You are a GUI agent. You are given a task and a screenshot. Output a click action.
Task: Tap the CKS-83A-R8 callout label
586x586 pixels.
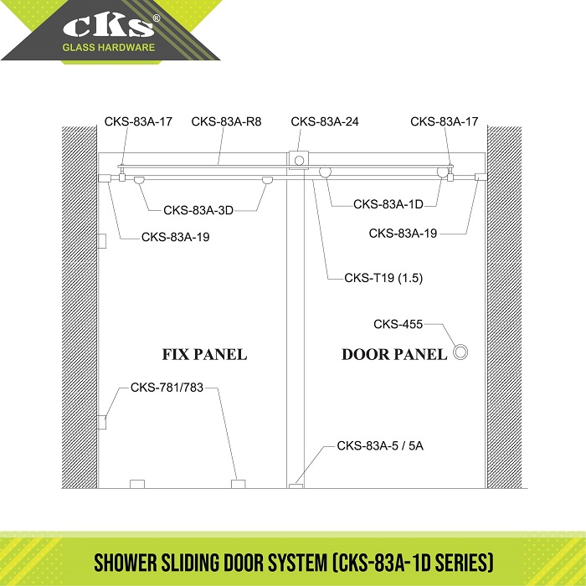(226, 121)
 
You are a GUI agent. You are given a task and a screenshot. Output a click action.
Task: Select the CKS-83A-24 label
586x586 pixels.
(325, 121)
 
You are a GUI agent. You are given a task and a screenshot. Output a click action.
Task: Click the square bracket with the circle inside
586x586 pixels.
(299, 161)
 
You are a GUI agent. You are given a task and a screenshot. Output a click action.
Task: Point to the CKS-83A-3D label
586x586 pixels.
(198, 210)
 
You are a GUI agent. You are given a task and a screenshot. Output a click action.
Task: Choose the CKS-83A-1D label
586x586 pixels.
(388, 204)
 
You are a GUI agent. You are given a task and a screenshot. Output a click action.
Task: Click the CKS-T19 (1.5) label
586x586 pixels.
(383, 278)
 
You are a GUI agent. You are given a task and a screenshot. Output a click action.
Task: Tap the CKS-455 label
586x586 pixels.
(398, 324)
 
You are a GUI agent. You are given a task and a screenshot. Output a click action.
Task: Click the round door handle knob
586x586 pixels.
(460, 352)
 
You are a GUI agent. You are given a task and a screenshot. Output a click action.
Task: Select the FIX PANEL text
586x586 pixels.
(204, 354)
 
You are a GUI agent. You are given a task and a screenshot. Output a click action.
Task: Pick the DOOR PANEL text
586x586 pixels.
(394, 354)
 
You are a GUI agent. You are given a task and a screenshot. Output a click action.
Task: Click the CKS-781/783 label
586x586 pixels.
(167, 387)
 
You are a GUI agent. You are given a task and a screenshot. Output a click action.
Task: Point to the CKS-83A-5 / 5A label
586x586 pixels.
(380, 445)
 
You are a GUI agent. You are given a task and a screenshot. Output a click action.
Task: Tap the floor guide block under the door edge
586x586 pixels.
(296, 486)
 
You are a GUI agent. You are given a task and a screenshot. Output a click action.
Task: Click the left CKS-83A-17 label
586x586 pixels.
(138, 121)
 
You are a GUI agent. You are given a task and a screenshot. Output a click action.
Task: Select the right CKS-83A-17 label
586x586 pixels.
(445, 121)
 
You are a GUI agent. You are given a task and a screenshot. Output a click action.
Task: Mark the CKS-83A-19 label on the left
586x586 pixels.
(175, 237)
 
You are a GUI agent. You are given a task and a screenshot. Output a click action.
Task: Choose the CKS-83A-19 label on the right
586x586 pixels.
(403, 234)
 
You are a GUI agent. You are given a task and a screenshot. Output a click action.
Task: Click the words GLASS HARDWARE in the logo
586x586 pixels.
(108, 48)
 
